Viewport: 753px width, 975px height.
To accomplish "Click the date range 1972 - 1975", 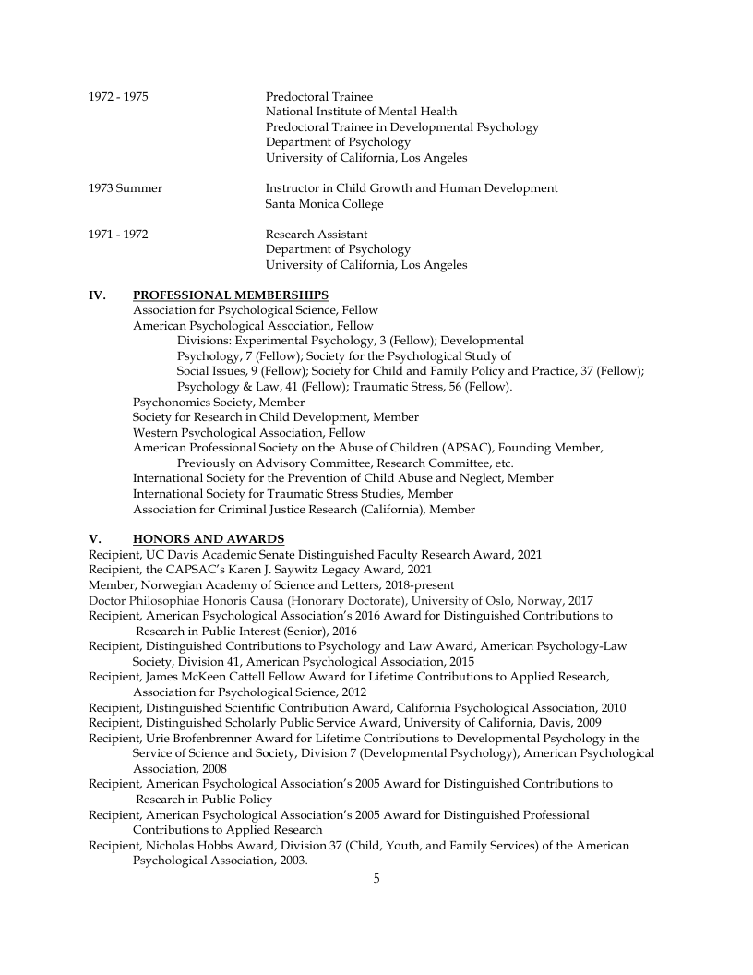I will coord(118,97).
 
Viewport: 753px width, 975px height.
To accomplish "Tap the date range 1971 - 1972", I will coord(118,235).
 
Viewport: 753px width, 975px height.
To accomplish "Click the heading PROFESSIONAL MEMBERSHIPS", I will coord(230,295).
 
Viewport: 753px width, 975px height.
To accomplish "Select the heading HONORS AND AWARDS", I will coord(209,539).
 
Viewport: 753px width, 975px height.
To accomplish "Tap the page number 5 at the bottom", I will coord(376,878).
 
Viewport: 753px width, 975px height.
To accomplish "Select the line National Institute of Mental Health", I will coord(361,112).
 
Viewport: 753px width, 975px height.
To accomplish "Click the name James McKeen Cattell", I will coord(207,677).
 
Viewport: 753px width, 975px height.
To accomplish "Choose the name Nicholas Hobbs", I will coord(188,845).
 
